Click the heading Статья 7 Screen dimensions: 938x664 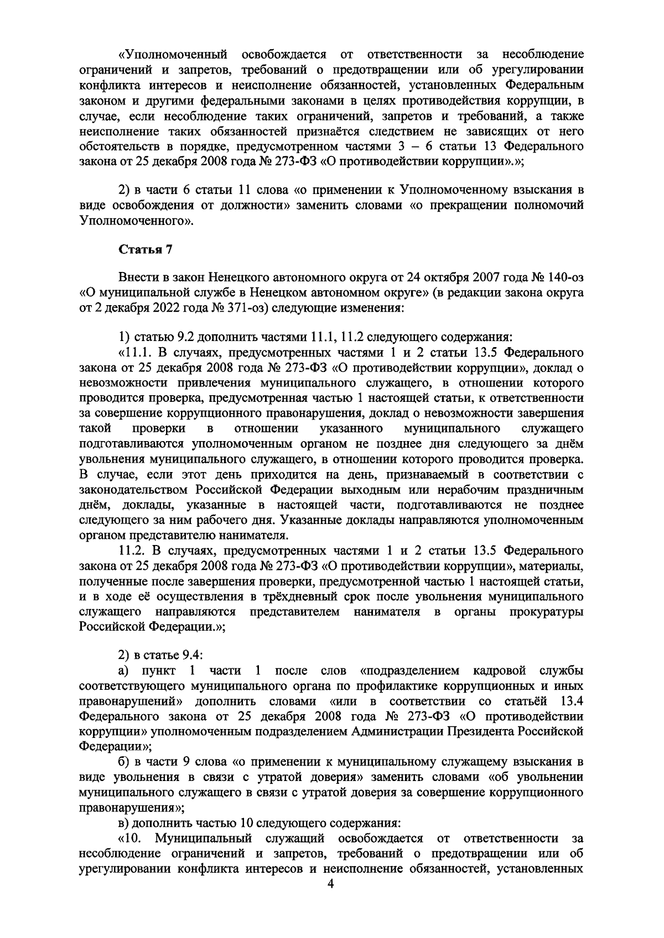pyautogui.click(x=146, y=250)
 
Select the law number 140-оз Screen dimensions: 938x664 pyautogui.click(x=560, y=277)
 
